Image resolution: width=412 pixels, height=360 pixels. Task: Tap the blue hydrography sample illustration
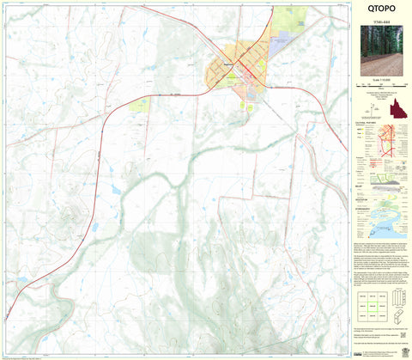(x=393, y=220)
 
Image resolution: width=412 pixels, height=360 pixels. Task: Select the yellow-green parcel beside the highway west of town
(x=139, y=105)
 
